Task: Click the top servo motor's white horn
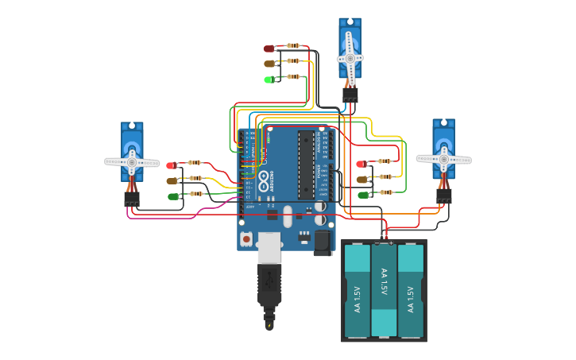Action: pos(350,58)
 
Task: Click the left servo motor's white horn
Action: pos(132,162)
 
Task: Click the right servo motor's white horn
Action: pos(443,159)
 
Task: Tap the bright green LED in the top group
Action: pos(269,79)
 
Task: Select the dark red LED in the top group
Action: pos(269,48)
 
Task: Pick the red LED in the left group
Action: pos(171,165)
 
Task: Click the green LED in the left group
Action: pos(172,195)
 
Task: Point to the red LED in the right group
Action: pos(361,164)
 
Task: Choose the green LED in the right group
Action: pos(362,195)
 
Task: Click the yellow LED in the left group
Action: pos(172,180)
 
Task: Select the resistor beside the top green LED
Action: pos(293,76)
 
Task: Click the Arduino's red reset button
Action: pos(246,238)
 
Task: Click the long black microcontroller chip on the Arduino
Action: pos(306,165)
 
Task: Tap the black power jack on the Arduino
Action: pos(322,242)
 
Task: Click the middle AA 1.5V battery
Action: pos(384,290)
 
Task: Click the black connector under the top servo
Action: pos(350,95)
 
